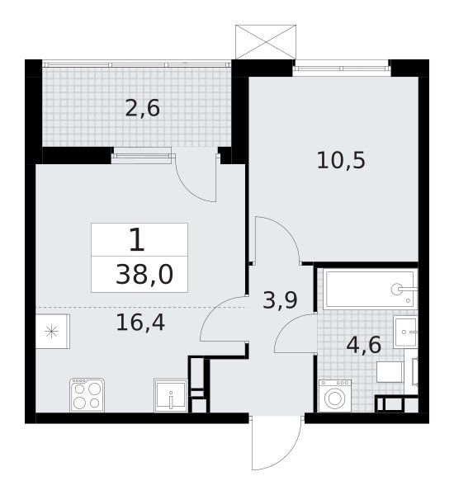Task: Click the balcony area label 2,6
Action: (x=143, y=109)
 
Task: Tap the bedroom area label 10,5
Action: (x=341, y=160)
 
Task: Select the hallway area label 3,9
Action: (x=280, y=300)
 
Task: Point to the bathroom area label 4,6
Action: (x=364, y=345)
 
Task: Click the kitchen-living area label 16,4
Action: (x=140, y=323)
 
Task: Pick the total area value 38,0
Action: (x=144, y=275)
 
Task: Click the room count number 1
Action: (x=137, y=240)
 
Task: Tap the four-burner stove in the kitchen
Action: (x=87, y=394)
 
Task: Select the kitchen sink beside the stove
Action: (x=170, y=395)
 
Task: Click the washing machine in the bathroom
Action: (x=334, y=396)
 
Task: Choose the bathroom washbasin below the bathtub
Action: (x=405, y=332)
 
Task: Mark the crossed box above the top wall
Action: (x=266, y=42)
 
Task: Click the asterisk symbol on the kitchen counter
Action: (x=51, y=332)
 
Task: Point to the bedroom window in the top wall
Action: (x=342, y=68)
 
